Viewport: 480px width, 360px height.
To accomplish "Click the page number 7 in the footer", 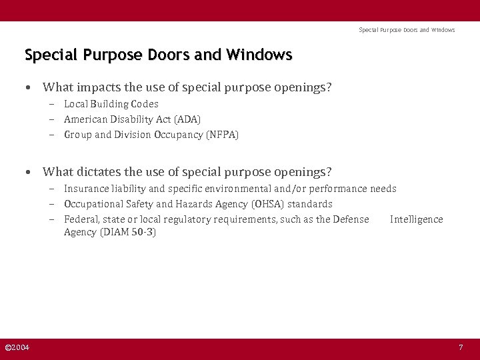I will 460,348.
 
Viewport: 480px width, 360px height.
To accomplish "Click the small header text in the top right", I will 407,30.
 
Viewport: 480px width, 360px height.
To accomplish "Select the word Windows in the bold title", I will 259,55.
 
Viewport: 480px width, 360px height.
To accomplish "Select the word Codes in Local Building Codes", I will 145,104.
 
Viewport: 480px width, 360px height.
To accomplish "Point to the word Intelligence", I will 416,219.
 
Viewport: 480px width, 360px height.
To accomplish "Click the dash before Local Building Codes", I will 51,104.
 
